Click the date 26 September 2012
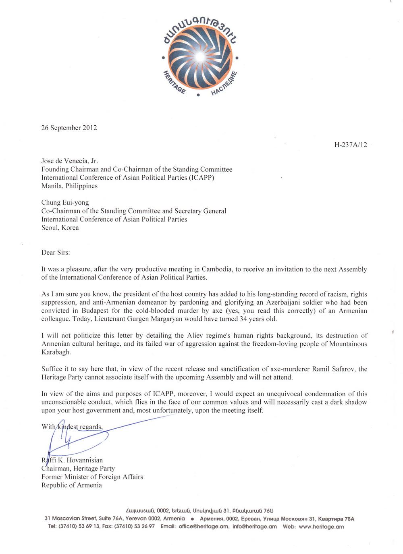(x=69, y=128)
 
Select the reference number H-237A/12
(x=351, y=145)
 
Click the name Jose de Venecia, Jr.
(x=70, y=161)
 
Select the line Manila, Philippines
(x=69, y=186)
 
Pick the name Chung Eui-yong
(x=65, y=203)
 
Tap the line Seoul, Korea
(x=60, y=228)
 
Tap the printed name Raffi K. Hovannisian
(x=72, y=460)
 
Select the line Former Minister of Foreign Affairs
(x=92, y=477)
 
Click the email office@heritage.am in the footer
(x=204, y=527)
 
